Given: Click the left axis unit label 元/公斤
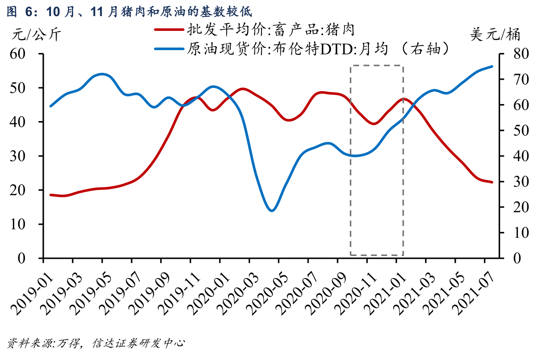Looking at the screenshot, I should [x=36, y=35].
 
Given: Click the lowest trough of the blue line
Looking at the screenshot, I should [x=271, y=210].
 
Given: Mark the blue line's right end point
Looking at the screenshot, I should [x=492, y=66].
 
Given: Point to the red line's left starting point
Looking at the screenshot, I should [x=50, y=195].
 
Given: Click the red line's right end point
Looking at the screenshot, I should [x=492, y=182].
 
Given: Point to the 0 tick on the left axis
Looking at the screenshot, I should [x=32, y=258].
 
